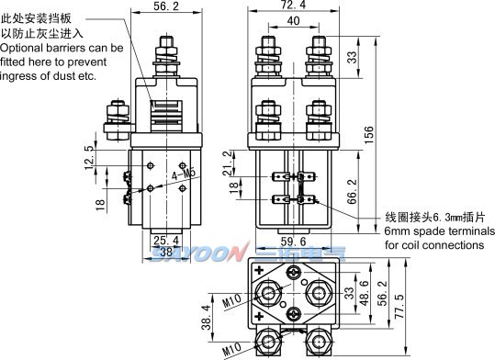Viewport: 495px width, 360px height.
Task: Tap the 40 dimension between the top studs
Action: coord(292,20)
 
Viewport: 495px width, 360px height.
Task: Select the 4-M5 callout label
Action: coord(184,172)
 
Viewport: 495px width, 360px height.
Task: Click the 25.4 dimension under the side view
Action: coord(164,241)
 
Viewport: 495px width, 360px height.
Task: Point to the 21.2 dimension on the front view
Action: coord(229,163)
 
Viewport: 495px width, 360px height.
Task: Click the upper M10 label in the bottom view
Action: coord(231,299)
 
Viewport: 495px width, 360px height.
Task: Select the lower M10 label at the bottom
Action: coord(231,350)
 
